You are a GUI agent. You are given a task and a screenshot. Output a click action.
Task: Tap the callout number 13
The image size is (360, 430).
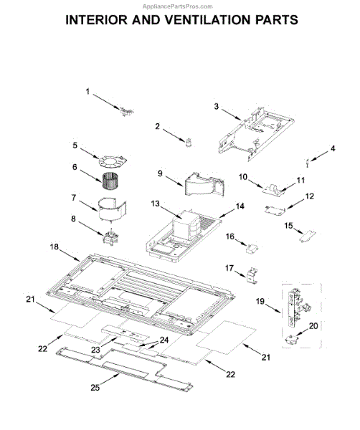click(x=155, y=204)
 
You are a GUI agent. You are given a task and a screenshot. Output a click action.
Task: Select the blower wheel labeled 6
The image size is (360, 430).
click(x=110, y=181)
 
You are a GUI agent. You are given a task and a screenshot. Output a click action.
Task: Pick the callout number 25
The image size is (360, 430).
click(x=95, y=388)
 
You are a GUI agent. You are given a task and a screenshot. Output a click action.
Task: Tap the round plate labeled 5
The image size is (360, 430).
click(x=113, y=161)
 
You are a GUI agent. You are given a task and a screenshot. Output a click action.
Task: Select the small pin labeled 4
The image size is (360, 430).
click(x=308, y=163)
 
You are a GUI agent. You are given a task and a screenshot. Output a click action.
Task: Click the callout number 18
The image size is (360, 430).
click(x=54, y=247)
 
